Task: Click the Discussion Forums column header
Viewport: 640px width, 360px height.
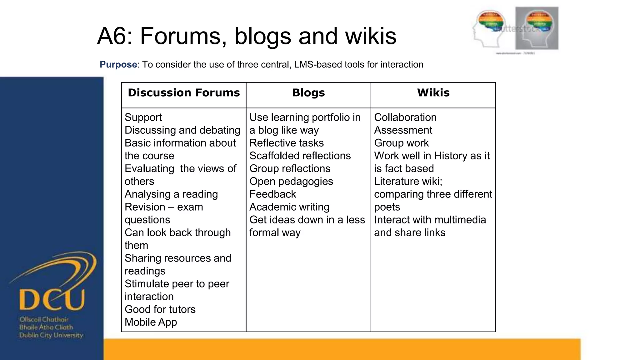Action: (x=184, y=93)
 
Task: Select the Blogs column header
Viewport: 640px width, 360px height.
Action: (x=308, y=93)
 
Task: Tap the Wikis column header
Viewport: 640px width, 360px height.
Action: (x=433, y=93)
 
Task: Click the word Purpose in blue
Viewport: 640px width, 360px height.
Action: (x=118, y=64)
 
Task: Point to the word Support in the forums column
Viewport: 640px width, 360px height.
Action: (x=143, y=117)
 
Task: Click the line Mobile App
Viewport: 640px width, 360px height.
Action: (x=151, y=322)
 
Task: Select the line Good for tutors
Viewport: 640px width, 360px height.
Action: (x=160, y=309)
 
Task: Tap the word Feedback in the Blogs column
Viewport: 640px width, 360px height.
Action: (x=272, y=194)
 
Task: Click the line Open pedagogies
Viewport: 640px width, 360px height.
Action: (x=291, y=181)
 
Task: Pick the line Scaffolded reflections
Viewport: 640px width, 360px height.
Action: (x=300, y=156)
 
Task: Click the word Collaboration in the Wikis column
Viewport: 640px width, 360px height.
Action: (x=405, y=117)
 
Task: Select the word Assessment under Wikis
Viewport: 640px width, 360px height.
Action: (x=403, y=130)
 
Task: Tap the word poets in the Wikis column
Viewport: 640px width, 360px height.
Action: (x=387, y=207)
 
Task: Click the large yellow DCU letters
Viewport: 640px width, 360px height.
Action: (x=52, y=299)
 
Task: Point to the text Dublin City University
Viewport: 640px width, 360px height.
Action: (x=51, y=335)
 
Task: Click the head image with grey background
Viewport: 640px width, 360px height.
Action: (x=537, y=28)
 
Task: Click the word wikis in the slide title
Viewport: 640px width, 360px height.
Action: (x=371, y=36)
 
